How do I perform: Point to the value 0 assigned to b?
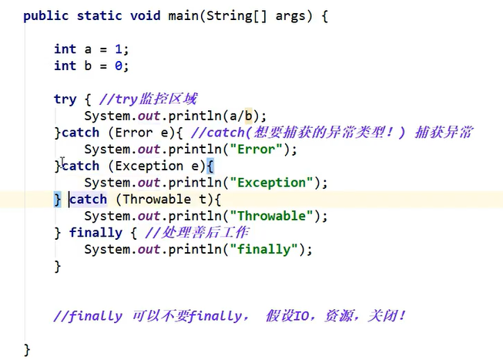(x=117, y=66)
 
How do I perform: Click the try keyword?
(x=65, y=99)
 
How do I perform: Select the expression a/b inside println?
(x=243, y=116)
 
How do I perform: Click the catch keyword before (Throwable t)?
(x=88, y=200)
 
